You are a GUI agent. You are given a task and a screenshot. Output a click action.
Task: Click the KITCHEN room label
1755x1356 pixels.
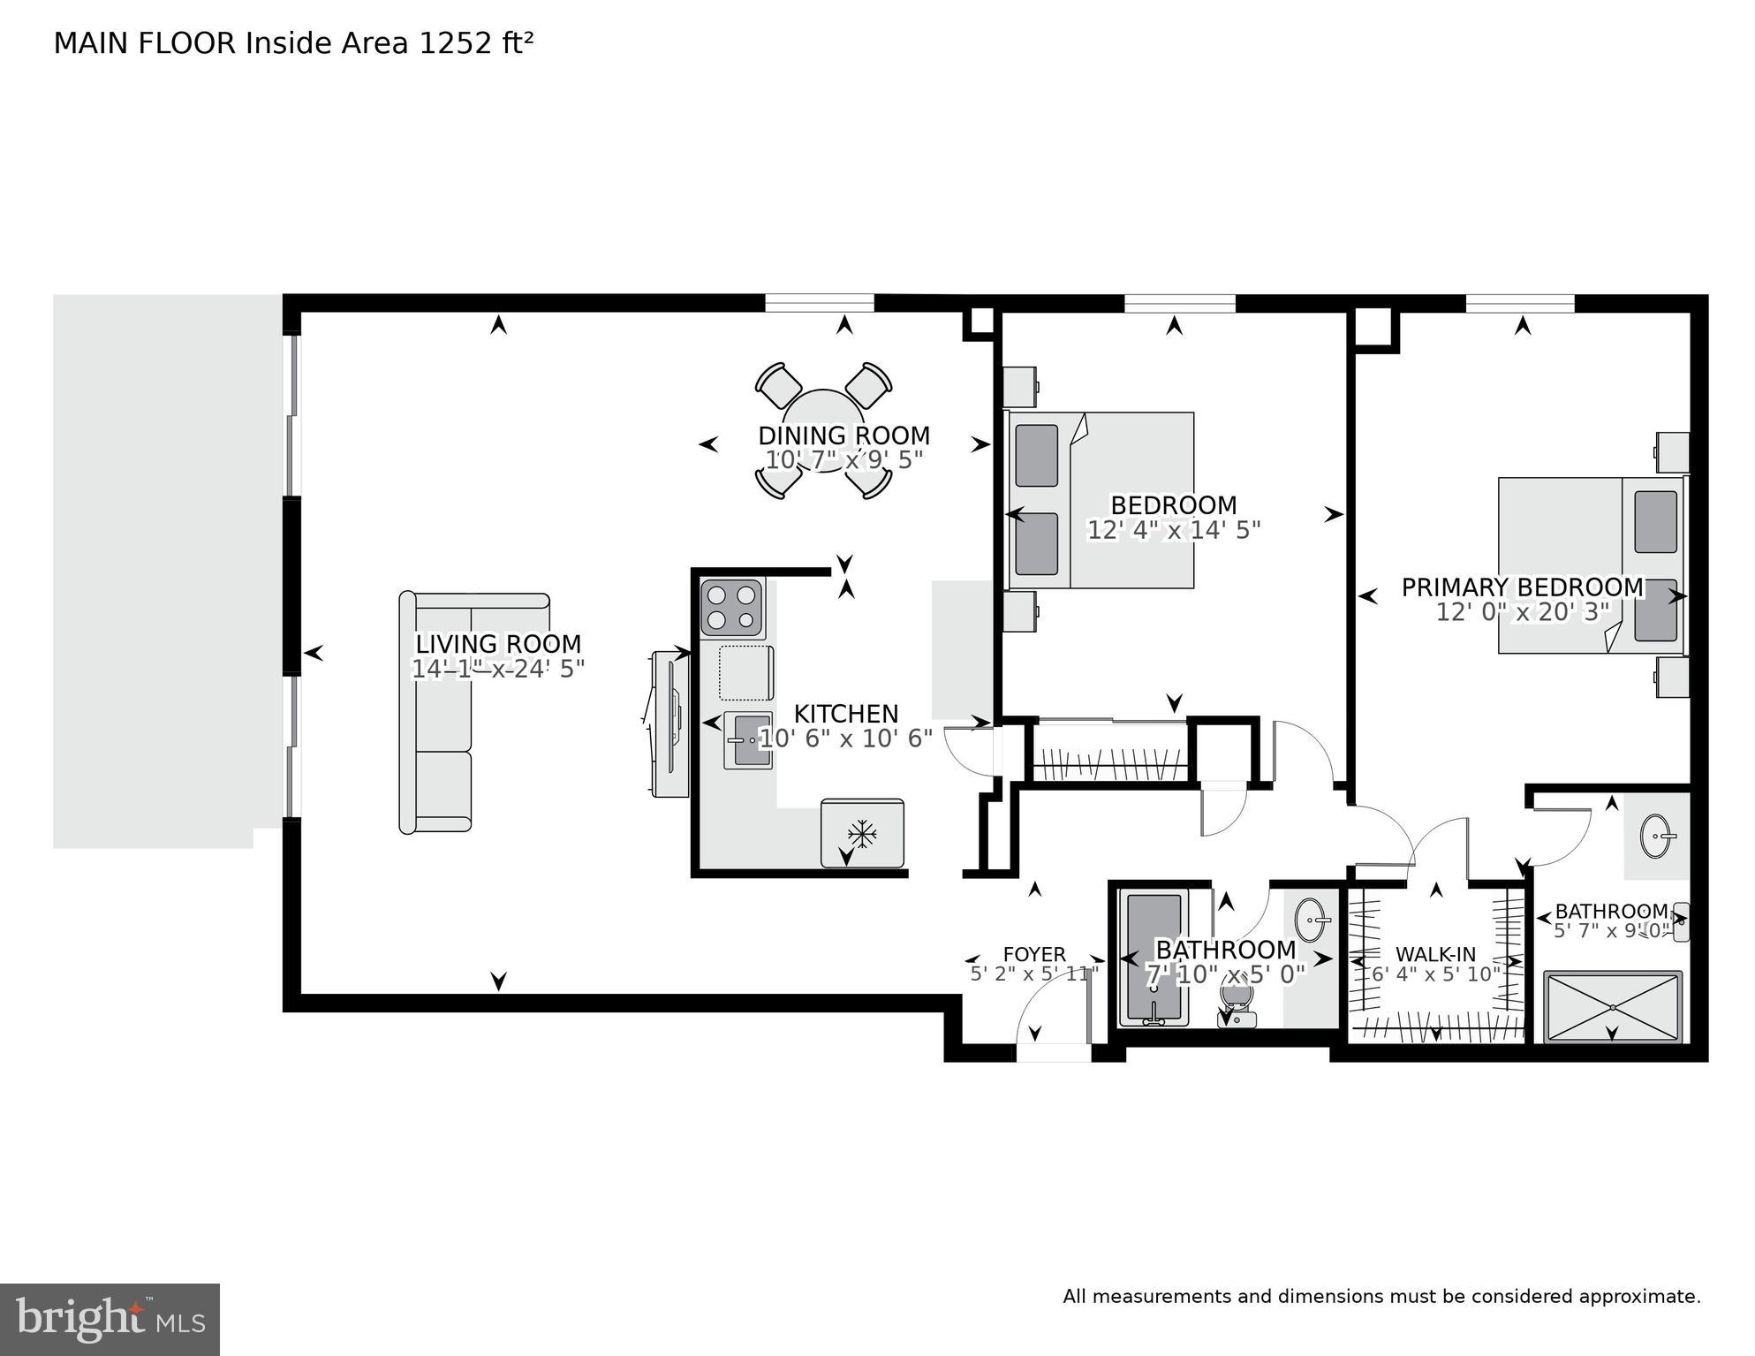[845, 714]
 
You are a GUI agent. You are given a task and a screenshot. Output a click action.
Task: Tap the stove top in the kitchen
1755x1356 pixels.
[731, 608]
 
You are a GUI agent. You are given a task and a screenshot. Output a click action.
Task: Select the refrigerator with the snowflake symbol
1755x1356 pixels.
[861, 833]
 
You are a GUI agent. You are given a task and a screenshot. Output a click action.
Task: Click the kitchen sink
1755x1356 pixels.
[747, 739]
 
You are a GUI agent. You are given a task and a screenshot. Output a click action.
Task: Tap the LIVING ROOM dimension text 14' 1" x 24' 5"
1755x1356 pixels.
[498, 670]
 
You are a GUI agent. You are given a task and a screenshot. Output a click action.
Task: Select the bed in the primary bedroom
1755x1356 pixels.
[1590, 565]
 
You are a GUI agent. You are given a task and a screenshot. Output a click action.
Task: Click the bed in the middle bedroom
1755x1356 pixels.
[1101, 500]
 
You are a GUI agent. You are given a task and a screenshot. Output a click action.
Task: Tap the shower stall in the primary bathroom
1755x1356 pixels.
[1613, 1007]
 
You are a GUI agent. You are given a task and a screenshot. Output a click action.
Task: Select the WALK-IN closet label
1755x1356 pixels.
[1435, 954]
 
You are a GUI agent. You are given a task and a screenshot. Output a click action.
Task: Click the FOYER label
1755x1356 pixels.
[1034, 954]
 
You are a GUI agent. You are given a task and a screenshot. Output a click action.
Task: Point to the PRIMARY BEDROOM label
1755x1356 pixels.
[1522, 587]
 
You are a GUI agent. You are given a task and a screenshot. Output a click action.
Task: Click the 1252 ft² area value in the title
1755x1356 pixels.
[476, 43]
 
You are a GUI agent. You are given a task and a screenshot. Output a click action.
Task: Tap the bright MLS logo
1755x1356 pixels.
[110, 1320]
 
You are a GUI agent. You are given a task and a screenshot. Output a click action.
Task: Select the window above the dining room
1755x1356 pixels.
[819, 303]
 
